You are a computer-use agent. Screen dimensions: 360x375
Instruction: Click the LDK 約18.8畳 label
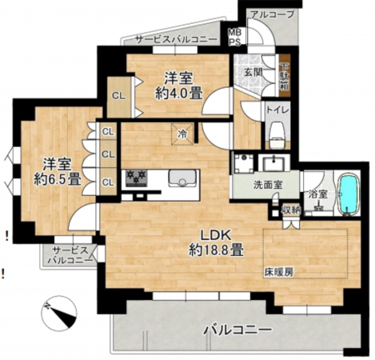pyautogui.click(x=216, y=242)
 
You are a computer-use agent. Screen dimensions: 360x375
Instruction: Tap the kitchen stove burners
pyautogui.click(x=134, y=176)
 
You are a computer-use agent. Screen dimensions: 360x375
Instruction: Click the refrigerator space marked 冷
pyautogui.click(x=182, y=134)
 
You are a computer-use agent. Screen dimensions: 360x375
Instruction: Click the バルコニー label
pyautogui.click(x=237, y=329)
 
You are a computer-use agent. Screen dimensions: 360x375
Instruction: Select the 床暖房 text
pyautogui.click(x=279, y=272)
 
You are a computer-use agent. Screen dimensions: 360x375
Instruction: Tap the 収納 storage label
pyautogui.click(x=291, y=210)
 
